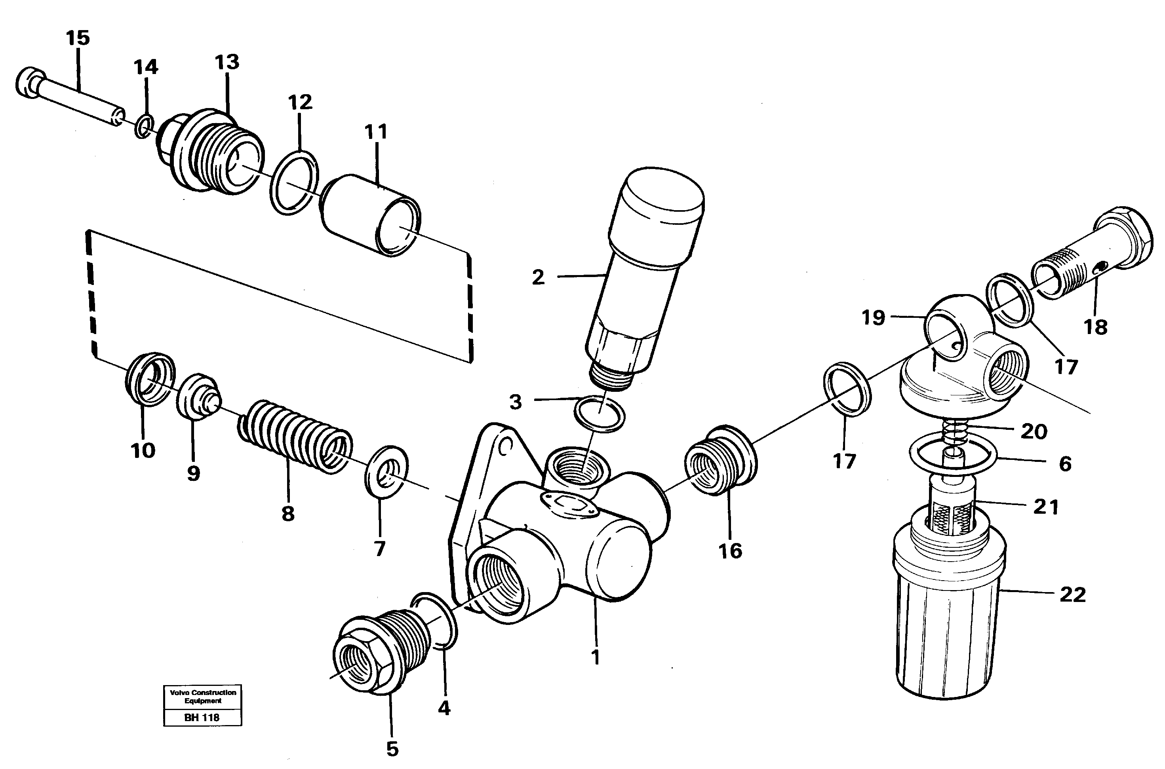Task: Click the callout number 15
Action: pos(78,38)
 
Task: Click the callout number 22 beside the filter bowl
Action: pos(1073,595)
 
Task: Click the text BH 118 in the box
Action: pos(202,718)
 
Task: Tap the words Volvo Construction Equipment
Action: pos(203,697)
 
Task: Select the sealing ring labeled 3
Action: pos(599,414)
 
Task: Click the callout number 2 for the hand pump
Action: pos(538,277)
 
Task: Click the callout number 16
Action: pos(730,551)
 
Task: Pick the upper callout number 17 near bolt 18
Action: pos(1066,367)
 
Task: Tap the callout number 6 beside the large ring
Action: pos(1065,463)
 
